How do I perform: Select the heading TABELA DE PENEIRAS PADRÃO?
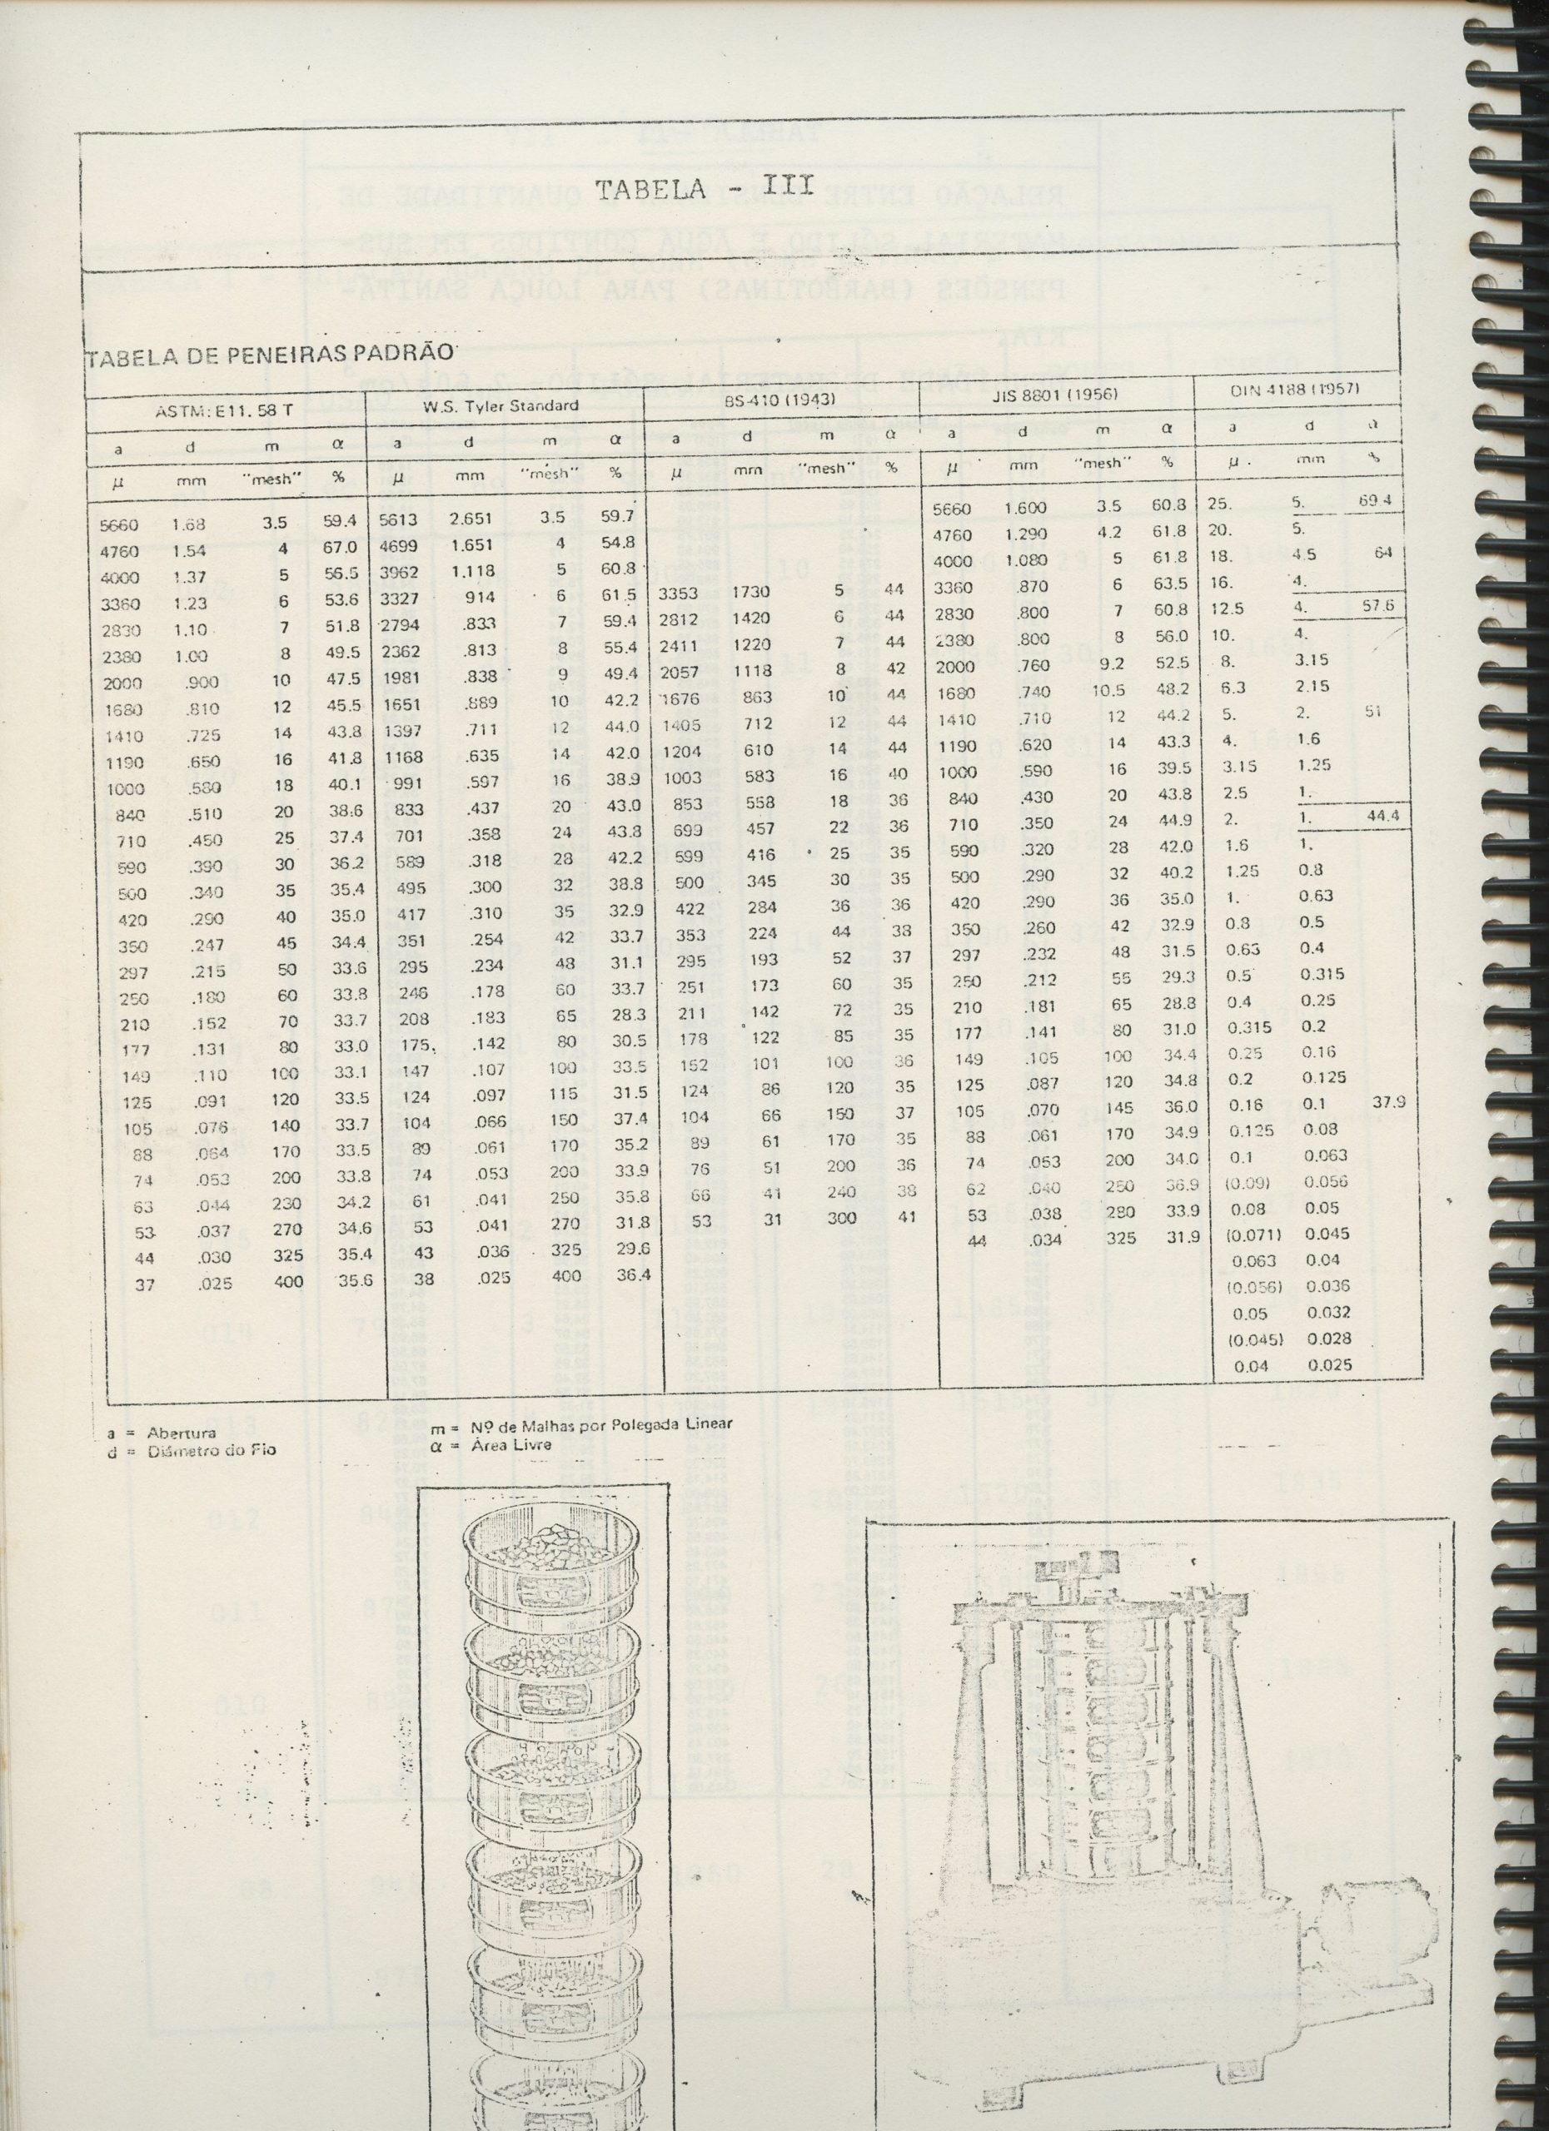click(271, 355)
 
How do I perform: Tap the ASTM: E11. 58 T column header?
click(225, 410)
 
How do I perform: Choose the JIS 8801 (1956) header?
click(1053, 395)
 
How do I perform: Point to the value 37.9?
click(1388, 1102)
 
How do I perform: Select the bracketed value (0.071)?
click(1249, 1234)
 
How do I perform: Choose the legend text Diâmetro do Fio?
click(212, 1451)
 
